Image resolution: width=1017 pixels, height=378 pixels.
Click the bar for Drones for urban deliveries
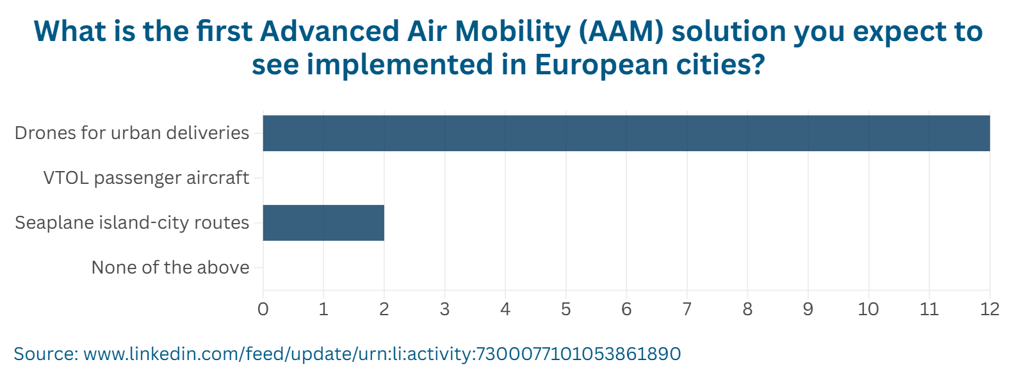626,133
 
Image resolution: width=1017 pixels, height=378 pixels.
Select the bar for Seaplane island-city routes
323,222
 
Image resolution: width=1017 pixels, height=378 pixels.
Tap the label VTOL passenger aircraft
146,178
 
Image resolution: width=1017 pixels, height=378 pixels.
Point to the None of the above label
170,268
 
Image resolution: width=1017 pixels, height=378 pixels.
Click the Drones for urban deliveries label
132,133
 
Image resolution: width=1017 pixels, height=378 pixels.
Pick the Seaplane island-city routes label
132,222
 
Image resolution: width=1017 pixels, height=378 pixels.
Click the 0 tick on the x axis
263,309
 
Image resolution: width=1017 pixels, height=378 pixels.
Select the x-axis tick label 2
384,309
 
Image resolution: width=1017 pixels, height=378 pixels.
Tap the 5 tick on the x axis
565,309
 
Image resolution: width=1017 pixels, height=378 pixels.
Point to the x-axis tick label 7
687,309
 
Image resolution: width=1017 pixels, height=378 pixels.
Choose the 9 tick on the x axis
808,309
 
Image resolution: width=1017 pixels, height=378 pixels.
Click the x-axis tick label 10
868,309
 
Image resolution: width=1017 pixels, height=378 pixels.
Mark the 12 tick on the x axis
989,309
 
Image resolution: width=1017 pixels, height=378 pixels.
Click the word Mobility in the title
512,32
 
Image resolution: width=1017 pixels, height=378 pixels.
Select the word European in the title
601,65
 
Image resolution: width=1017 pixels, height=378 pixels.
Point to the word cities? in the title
721,64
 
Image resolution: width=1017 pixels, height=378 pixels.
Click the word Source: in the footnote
46,354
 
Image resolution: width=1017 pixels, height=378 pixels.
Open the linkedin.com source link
382,354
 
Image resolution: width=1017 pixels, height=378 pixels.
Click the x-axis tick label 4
505,309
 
